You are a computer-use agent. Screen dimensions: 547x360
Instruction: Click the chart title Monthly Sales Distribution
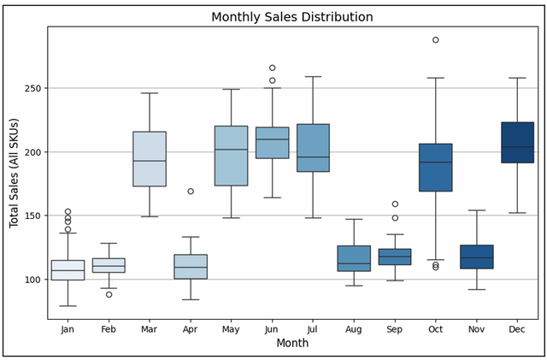point(292,17)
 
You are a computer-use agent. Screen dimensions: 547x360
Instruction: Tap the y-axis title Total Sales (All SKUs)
point(14,174)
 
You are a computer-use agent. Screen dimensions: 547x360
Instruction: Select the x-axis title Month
point(292,343)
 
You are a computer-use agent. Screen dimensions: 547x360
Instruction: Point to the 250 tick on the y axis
point(32,88)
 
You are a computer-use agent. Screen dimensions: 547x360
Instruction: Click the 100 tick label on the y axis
point(32,280)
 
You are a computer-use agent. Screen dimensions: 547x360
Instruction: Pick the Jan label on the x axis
point(68,329)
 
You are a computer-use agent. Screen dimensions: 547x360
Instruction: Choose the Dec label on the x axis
point(517,329)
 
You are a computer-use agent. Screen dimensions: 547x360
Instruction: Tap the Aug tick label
point(354,329)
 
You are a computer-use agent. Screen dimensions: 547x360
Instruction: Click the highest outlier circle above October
point(436,40)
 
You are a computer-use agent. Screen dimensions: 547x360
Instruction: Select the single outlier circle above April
point(191,192)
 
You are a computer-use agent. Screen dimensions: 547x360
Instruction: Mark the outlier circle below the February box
point(109,295)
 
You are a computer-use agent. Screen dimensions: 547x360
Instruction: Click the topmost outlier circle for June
point(272,68)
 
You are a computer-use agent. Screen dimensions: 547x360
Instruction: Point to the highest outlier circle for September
point(395,204)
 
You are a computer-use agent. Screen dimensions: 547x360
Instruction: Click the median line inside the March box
point(150,161)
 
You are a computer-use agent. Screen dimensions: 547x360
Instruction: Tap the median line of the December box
point(517,147)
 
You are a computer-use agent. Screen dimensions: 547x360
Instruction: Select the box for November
point(477,257)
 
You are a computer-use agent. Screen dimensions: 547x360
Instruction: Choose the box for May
point(231,156)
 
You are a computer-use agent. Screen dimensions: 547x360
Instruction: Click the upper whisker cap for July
point(313,76)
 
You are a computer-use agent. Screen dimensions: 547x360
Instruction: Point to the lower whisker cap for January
point(68,306)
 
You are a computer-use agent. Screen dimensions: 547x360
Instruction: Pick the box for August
point(354,258)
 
